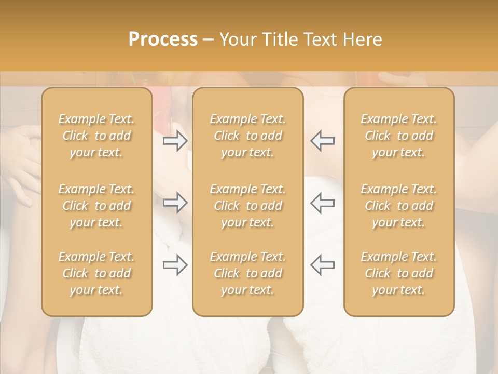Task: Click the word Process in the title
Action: tap(163, 39)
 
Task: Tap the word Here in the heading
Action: tap(362, 39)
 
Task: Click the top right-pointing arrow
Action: tap(175, 141)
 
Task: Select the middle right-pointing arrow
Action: tap(175, 203)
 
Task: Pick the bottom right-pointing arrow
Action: tap(175, 265)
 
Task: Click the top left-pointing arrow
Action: tap(322, 141)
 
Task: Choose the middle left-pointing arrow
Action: tap(322, 203)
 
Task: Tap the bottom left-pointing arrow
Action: tap(322, 265)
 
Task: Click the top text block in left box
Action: tap(96, 136)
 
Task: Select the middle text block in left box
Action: tap(96, 206)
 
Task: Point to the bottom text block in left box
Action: tap(96, 273)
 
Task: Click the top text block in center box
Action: tap(247, 136)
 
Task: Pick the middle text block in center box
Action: tap(247, 206)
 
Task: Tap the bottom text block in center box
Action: tap(247, 273)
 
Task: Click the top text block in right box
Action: tap(399, 136)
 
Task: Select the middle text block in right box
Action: tap(399, 206)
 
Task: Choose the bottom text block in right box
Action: tap(399, 273)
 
